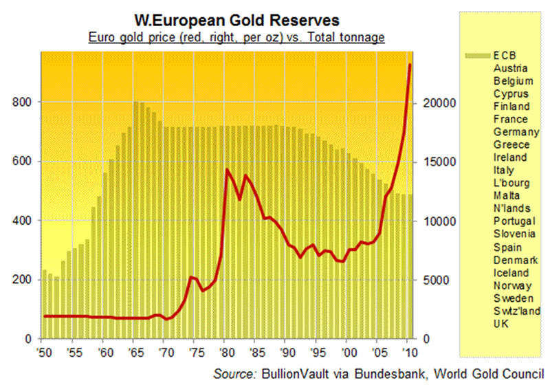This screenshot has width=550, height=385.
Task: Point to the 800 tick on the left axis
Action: (22, 102)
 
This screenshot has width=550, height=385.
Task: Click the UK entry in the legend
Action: (501, 324)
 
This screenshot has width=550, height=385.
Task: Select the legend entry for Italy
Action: (505, 170)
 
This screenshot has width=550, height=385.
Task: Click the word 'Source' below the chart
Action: (233, 374)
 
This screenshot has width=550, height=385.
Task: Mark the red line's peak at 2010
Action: (410, 65)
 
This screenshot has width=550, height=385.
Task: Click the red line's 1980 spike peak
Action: (227, 169)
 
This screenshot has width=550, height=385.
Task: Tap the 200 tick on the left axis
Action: (22, 280)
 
